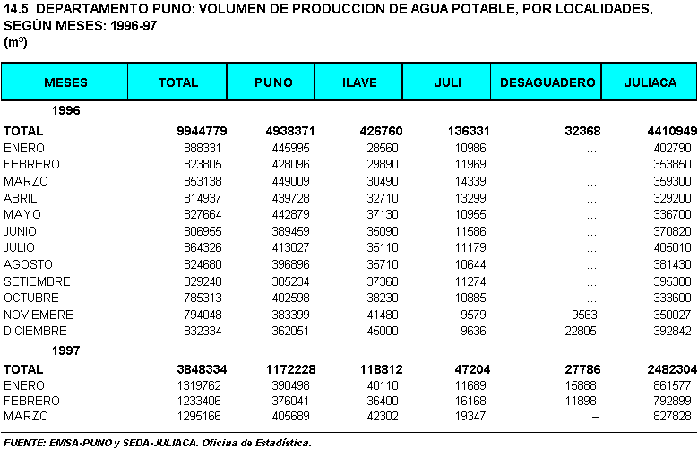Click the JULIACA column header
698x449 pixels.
(650, 82)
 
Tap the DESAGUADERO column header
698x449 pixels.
(547, 82)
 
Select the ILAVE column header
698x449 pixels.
(359, 82)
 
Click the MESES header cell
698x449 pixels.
(65, 82)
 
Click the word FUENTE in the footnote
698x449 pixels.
(26, 442)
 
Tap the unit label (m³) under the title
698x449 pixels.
(15, 43)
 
